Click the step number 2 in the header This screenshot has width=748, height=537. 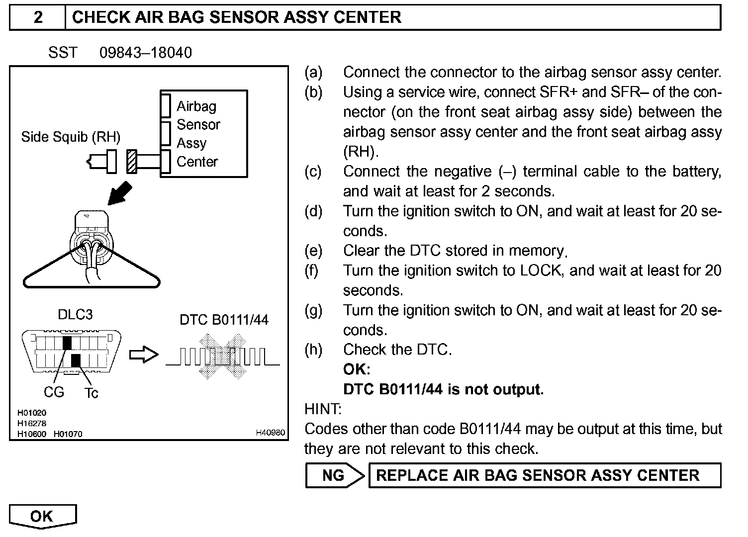pyautogui.click(x=38, y=17)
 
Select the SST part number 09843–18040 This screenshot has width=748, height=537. pyautogui.click(x=145, y=53)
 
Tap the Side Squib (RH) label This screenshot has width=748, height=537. pyautogui.click(x=71, y=137)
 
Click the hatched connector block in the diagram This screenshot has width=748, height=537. pyautogui.click(x=132, y=162)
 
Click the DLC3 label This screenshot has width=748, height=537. pyautogui.click(x=75, y=315)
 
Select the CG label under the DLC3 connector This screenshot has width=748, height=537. pyautogui.click(x=54, y=392)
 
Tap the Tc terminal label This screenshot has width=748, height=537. pyautogui.click(x=91, y=393)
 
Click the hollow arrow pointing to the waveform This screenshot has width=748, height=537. pyautogui.click(x=143, y=355)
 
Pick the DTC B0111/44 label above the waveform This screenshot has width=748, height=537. pyautogui.click(x=224, y=319)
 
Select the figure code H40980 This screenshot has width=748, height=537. pyautogui.click(x=270, y=433)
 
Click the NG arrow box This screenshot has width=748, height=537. pyautogui.click(x=334, y=475)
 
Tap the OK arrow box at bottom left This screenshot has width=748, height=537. pyautogui.click(x=42, y=516)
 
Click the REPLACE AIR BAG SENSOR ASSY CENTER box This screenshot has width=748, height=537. pyautogui.click(x=544, y=475)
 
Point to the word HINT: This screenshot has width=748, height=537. pyautogui.click(x=323, y=409)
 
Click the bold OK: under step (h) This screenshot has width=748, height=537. pyautogui.click(x=356, y=369)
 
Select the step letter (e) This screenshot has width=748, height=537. pyautogui.click(x=313, y=251)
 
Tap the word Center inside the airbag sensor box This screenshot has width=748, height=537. pyautogui.click(x=197, y=162)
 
